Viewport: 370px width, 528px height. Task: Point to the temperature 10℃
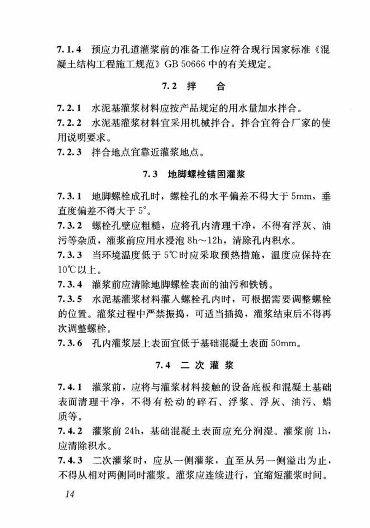click(x=65, y=269)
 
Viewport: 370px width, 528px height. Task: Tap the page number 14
click(x=70, y=494)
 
